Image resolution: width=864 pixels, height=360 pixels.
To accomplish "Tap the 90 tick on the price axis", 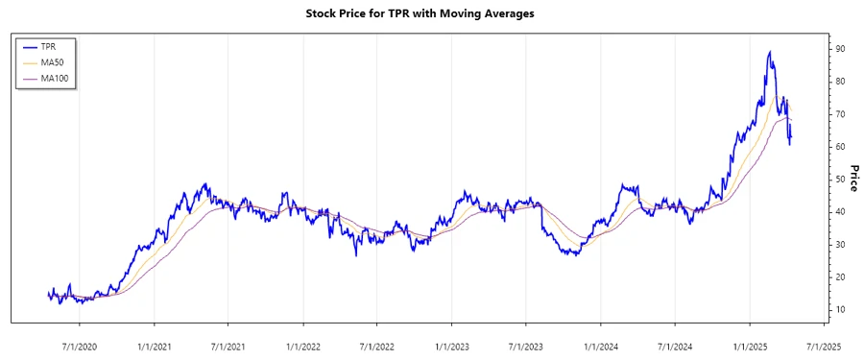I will [x=839, y=49].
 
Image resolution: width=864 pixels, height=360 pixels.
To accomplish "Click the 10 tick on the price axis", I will [x=839, y=309].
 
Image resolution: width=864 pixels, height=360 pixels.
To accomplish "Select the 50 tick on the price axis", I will [x=839, y=180].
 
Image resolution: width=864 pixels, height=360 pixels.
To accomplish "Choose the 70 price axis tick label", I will [x=839, y=114].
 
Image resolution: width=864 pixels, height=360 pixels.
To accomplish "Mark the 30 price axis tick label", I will [x=839, y=244].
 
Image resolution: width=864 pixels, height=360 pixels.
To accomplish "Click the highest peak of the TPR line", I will [x=770, y=52].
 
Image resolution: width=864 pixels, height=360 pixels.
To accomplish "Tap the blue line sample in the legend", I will [x=28, y=46].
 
